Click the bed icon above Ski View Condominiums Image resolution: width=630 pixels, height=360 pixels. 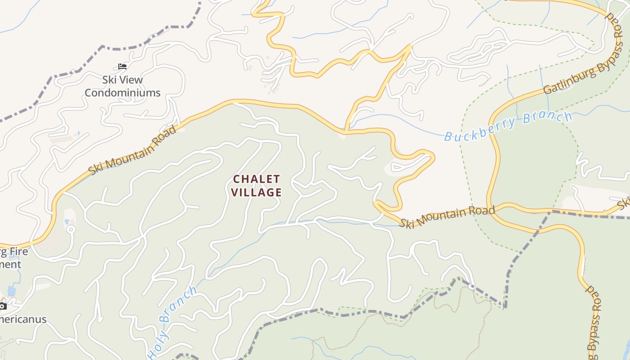tap(122, 67)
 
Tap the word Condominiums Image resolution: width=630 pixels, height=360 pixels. tap(122, 93)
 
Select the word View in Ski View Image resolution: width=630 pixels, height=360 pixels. tap(131, 80)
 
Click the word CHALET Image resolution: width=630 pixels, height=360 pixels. tap(256, 179)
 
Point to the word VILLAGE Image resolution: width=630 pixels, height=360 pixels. tap(256, 193)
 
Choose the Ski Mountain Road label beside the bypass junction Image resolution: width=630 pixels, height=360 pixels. tap(447, 217)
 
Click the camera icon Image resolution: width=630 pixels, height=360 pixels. tap(2, 306)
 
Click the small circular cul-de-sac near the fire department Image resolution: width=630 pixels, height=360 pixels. tap(70, 229)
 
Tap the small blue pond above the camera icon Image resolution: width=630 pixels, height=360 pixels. tap(12, 291)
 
